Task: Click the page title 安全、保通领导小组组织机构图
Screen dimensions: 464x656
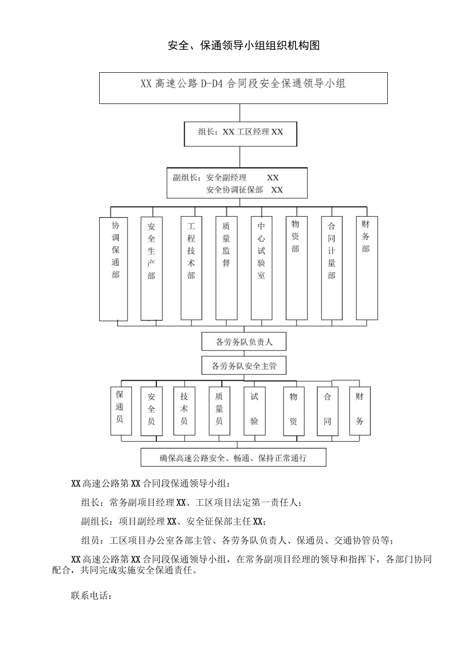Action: pyautogui.click(x=243, y=46)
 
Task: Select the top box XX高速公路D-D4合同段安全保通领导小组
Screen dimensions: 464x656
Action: pyautogui.click(x=243, y=88)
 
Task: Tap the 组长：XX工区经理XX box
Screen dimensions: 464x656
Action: pyautogui.click(x=240, y=134)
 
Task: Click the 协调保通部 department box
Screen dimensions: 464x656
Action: pyautogui.click(x=114, y=268)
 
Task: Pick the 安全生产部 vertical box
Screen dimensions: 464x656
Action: pyautogui.click(x=151, y=268)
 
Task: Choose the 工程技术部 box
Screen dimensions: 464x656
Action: pyautogui.click(x=191, y=268)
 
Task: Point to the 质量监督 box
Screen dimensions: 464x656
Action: pyautogui.click(x=226, y=268)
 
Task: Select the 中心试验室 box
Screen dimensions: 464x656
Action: pyautogui.click(x=261, y=268)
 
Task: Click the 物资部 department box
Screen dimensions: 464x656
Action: pyautogui.click(x=296, y=268)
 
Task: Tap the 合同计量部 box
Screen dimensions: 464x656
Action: pyautogui.click(x=332, y=268)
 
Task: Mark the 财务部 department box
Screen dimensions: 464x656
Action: pyautogui.click(x=366, y=268)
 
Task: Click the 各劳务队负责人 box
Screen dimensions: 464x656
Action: pyautogui.click(x=244, y=342)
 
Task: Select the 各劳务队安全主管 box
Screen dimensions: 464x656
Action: pyautogui.click(x=244, y=366)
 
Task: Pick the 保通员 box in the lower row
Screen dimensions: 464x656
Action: pyautogui.click(x=121, y=411)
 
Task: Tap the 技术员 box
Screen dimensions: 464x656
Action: pyautogui.click(x=184, y=411)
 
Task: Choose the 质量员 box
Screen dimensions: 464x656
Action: pyautogui.click(x=219, y=411)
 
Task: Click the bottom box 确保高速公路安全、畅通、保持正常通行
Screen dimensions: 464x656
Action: pyautogui.click(x=233, y=458)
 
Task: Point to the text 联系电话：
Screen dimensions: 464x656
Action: pyautogui.click(x=92, y=596)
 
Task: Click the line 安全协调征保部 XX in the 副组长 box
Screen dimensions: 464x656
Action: pyautogui.click(x=244, y=190)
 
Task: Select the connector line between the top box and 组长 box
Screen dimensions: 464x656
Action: pyautogui.click(x=240, y=113)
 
